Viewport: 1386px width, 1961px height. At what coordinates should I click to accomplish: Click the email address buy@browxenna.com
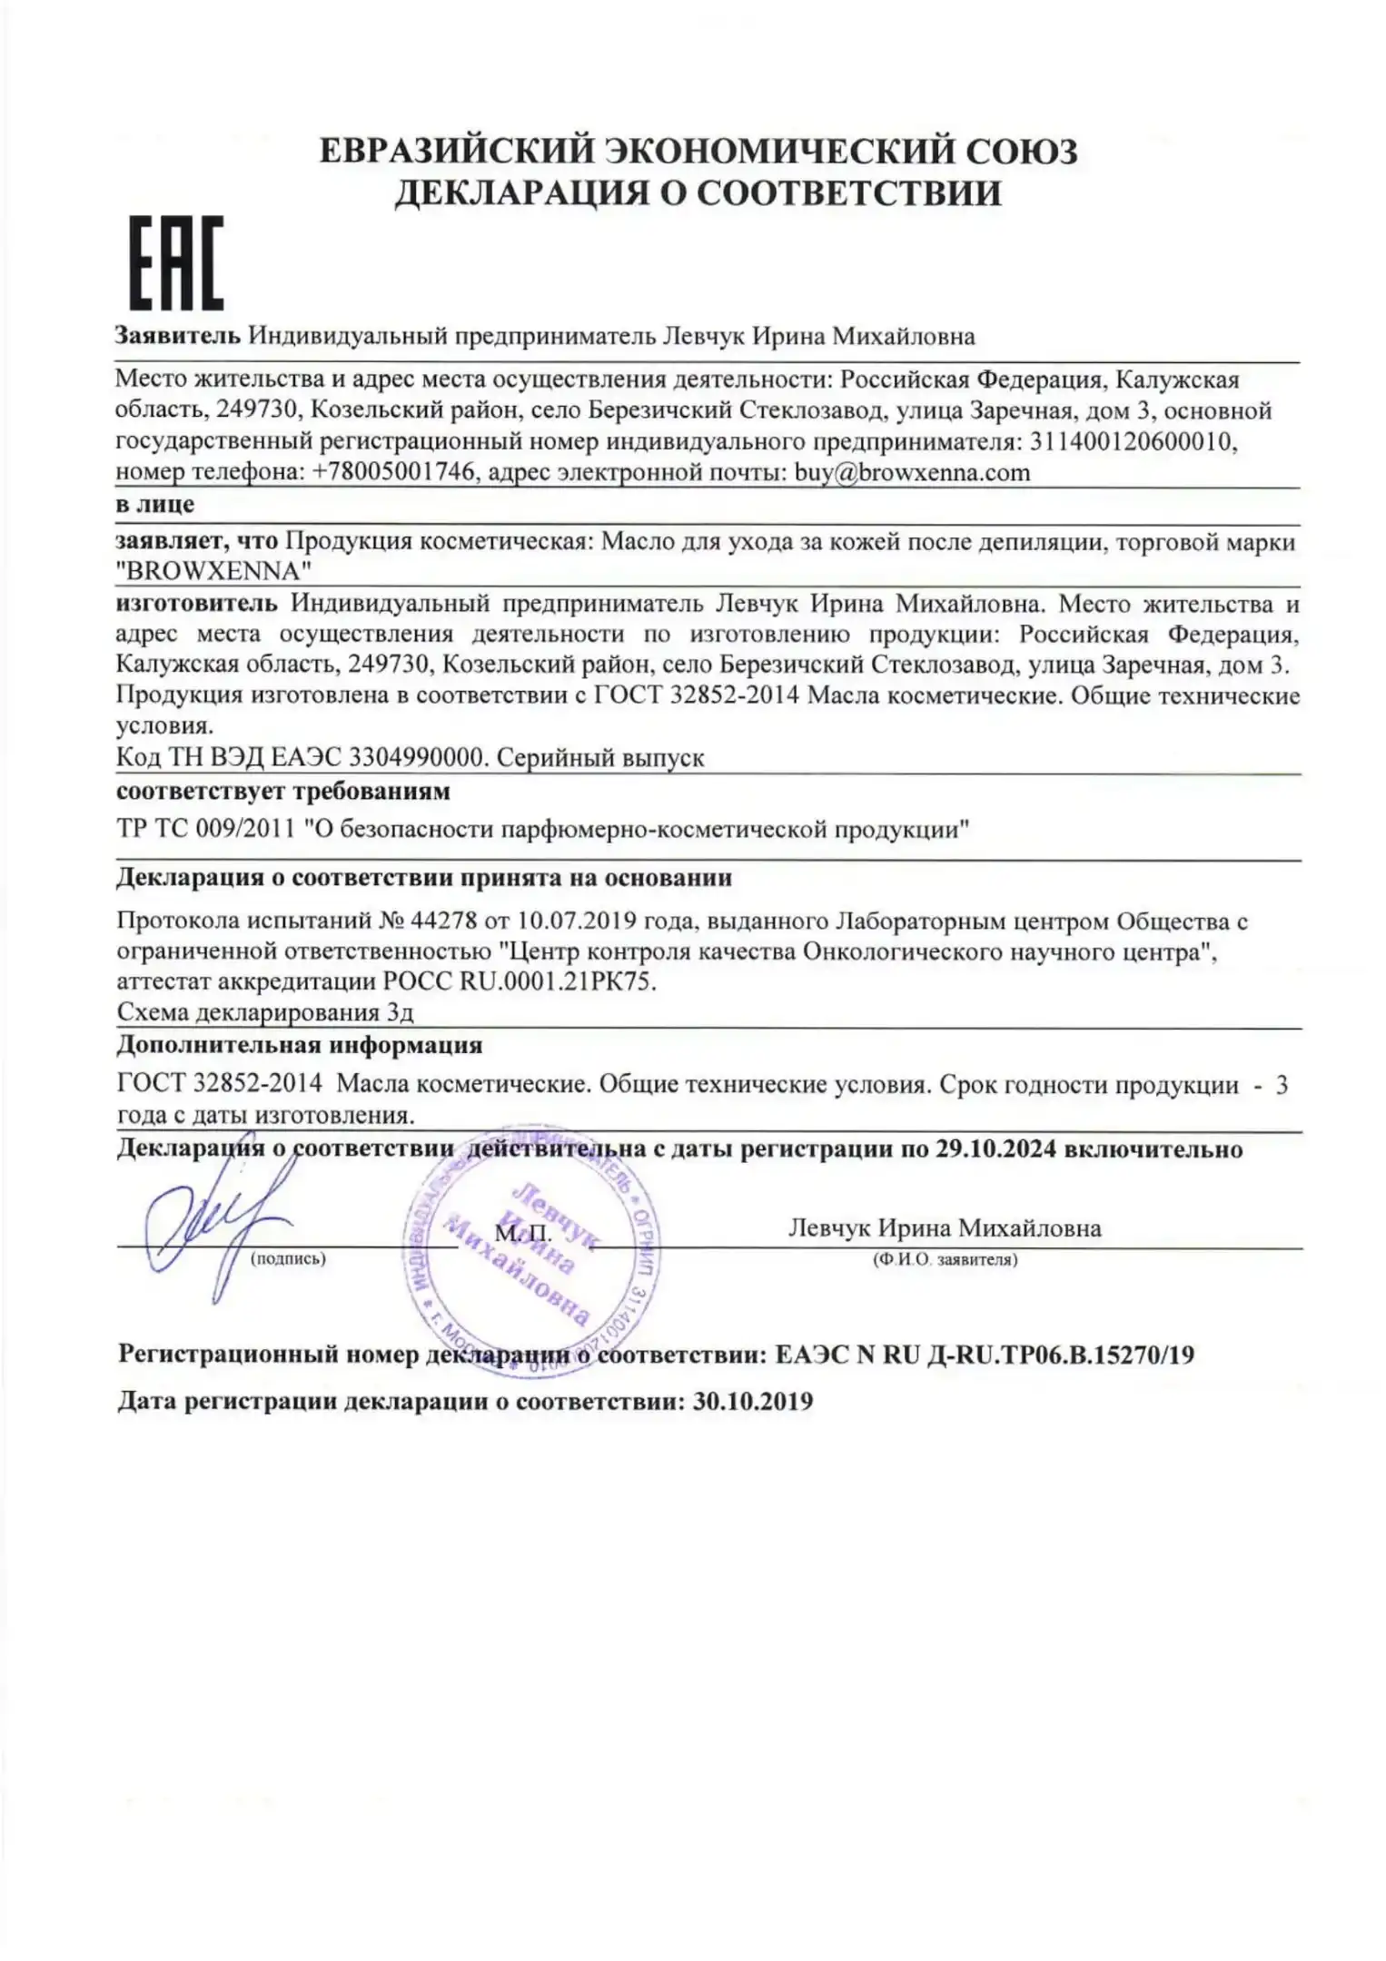point(912,472)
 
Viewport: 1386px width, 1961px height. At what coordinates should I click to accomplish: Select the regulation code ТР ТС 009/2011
point(205,829)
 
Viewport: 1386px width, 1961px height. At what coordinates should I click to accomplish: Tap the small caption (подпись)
point(287,1259)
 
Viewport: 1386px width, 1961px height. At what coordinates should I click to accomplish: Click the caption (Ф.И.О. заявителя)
point(945,1260)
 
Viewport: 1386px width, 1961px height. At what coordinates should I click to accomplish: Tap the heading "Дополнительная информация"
point(300,1045)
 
